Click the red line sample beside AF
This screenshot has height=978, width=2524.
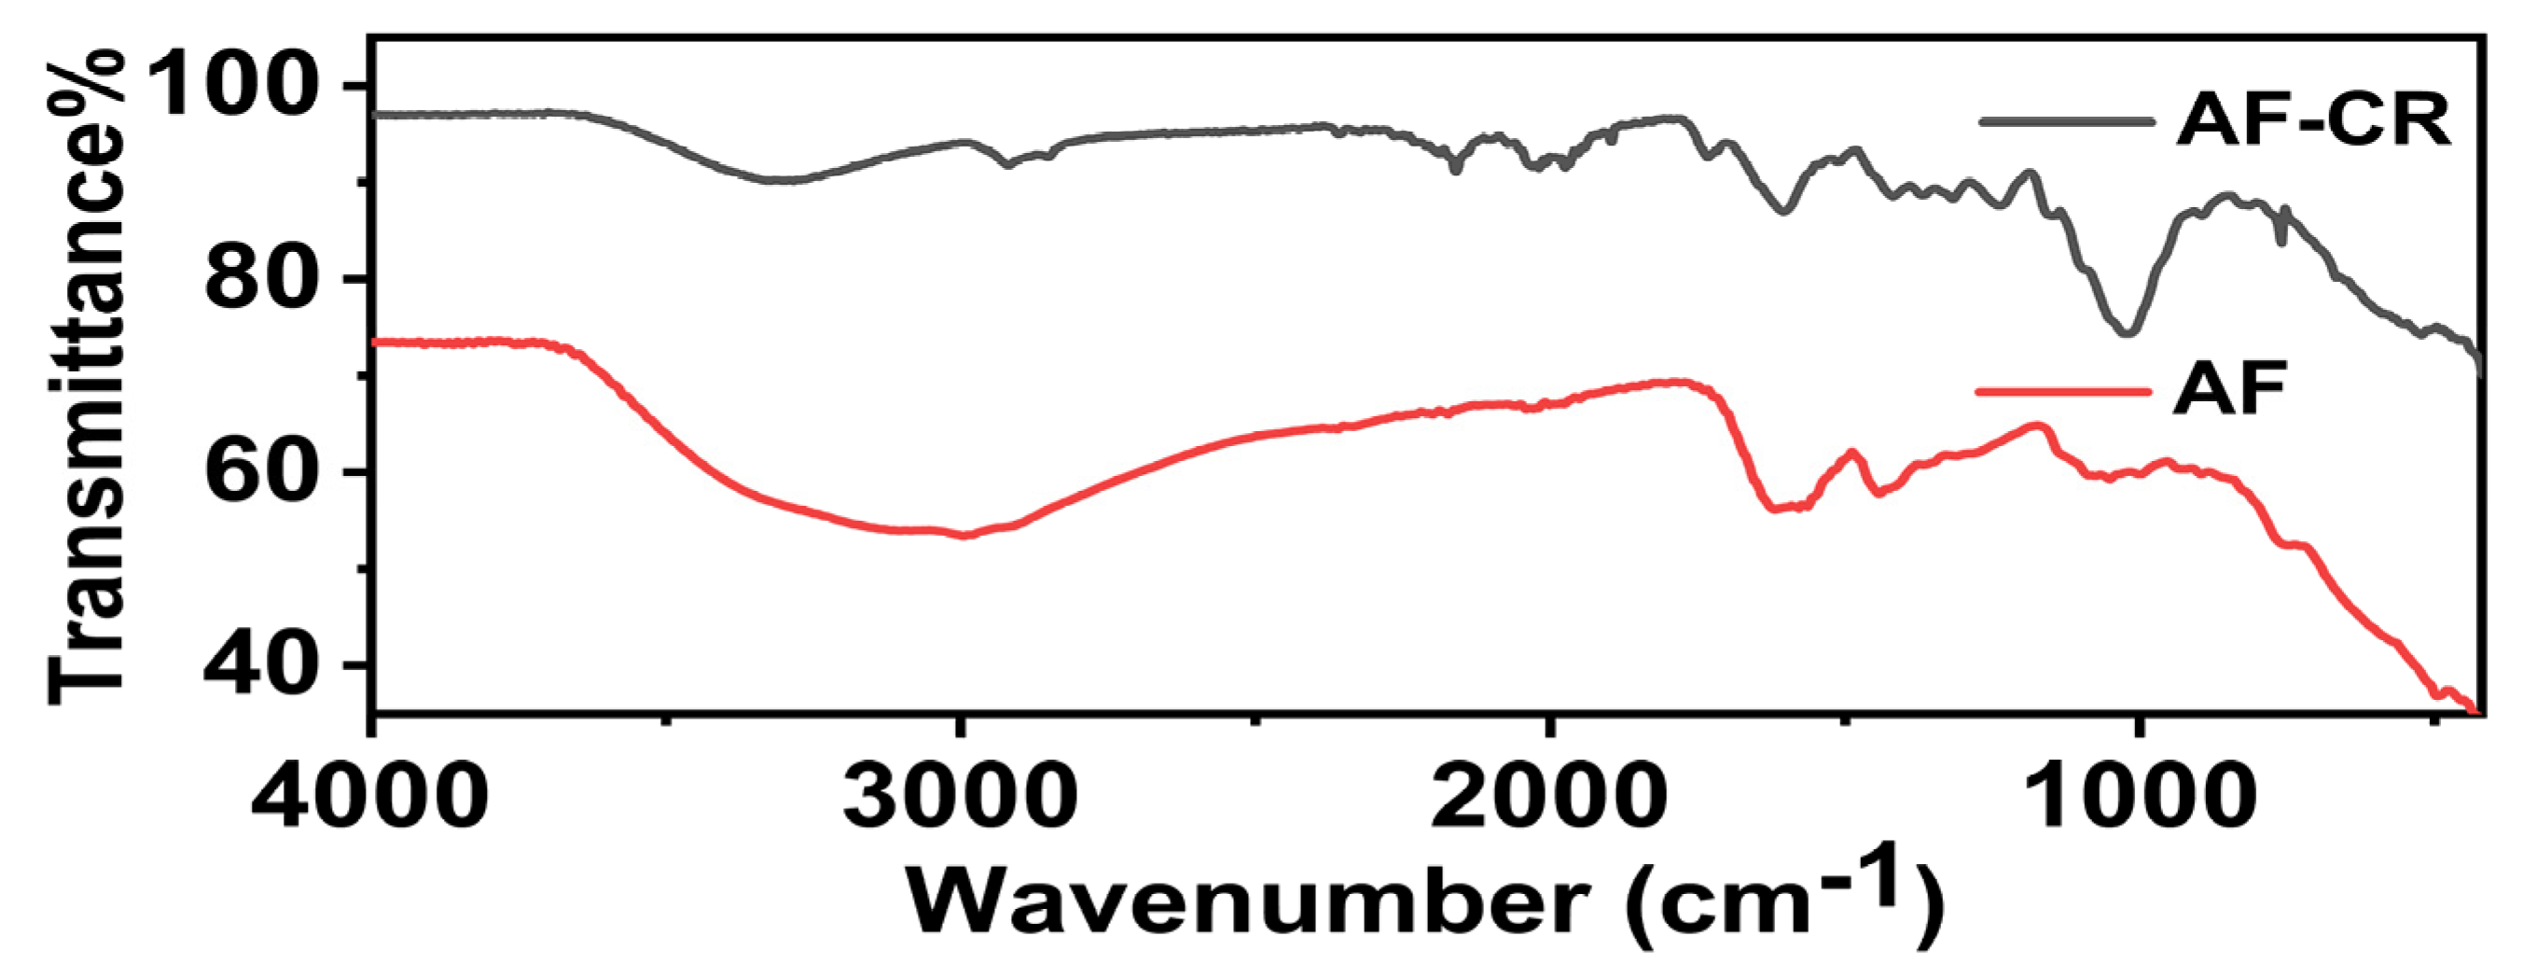point(2062,391)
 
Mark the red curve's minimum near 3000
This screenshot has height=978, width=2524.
point(965,535)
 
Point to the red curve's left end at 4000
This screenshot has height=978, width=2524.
point(377,342)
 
